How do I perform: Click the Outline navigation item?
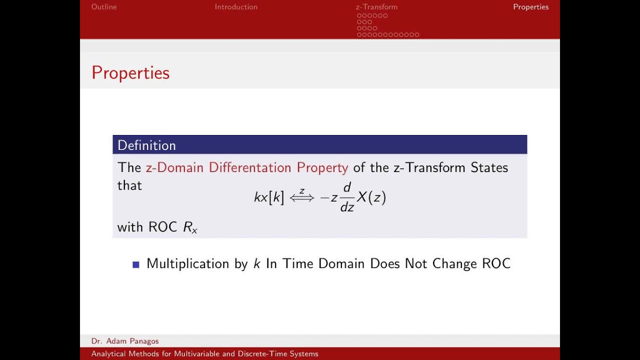pyautogui.click(x=104, y=7)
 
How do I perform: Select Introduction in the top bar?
pyautogui.click(x=236, y=7)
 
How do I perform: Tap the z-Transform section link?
pyautogui.click(x=376, y=7)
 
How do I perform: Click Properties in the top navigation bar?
pyautogui.click(x=530, y=7)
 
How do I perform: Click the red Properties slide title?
pyautogui.click(x=130, y=73)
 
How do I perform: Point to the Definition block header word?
pyautogui.click(x=146, y=145)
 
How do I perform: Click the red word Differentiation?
pyautogui.click(x=250, y=167)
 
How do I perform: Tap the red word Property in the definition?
pyautogui.click(x=322, y=167)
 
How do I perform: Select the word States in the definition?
pyautogui.click(x=489, y=167)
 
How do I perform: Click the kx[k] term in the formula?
pyautogui.click(x=269, y=197)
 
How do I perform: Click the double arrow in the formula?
pyautogui.click(x=302, y=197)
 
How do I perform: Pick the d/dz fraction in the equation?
pyautogui.click(x=347, y=197)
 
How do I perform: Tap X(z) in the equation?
pyautogui.click(x=371, y=197)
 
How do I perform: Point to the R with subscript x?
pyautogui.click(x=190, y=227)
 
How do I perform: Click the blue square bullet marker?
pyautogui.click(x=135, y=264)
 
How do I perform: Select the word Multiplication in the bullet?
pyautogui.click(x=187, y=264)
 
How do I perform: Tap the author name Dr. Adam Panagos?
pyautogui.click(x=125, y=341)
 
